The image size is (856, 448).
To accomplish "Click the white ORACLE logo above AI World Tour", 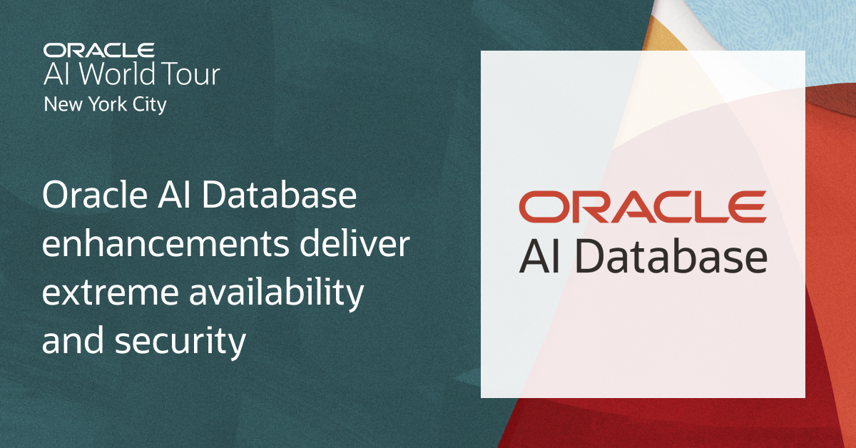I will [x=98, y=50].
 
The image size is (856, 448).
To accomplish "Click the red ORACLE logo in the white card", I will [x=642, y=207].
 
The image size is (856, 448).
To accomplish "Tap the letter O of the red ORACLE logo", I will [x=540, y=207].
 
